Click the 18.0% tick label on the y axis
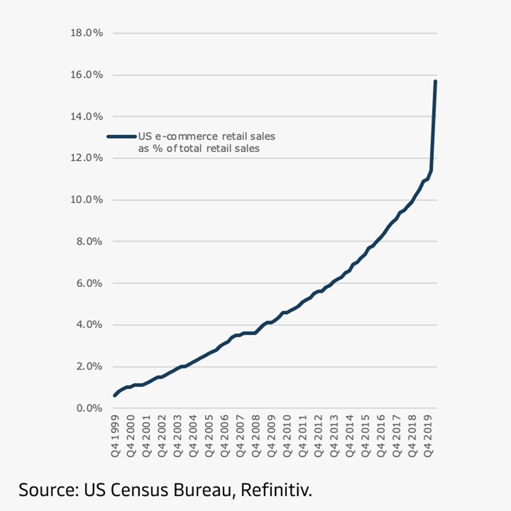pos(86,33)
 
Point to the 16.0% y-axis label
pos(86,75)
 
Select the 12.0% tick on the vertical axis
pos(86,158)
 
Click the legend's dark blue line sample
pos(122,136)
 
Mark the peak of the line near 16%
pos(435,81)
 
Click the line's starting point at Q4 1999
pos(115,395)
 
